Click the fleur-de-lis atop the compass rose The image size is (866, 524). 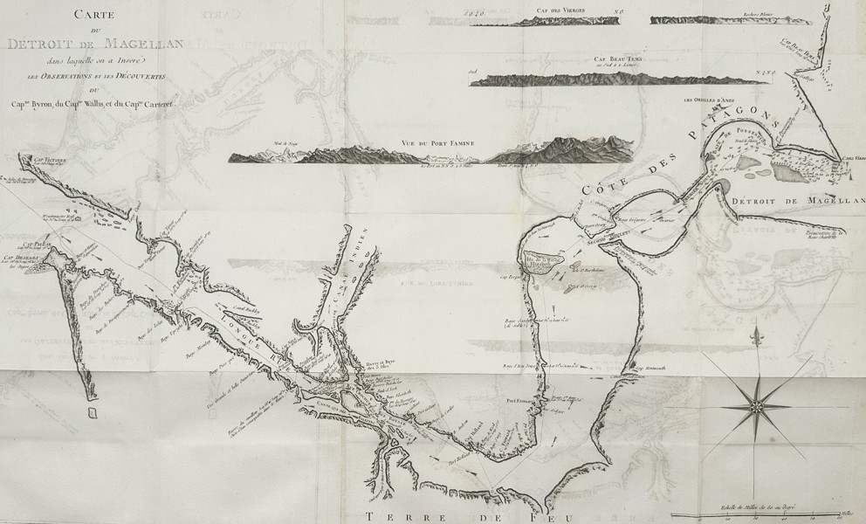(754, 334)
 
